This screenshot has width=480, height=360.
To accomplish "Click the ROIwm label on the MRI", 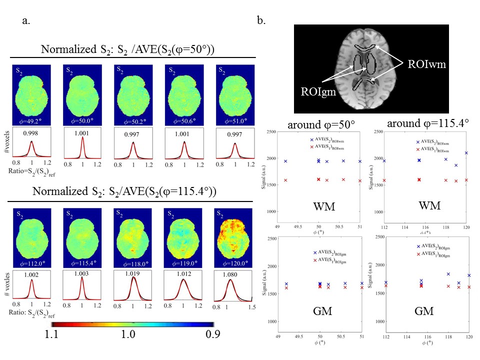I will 425,63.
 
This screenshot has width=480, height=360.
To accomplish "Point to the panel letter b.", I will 261,21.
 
